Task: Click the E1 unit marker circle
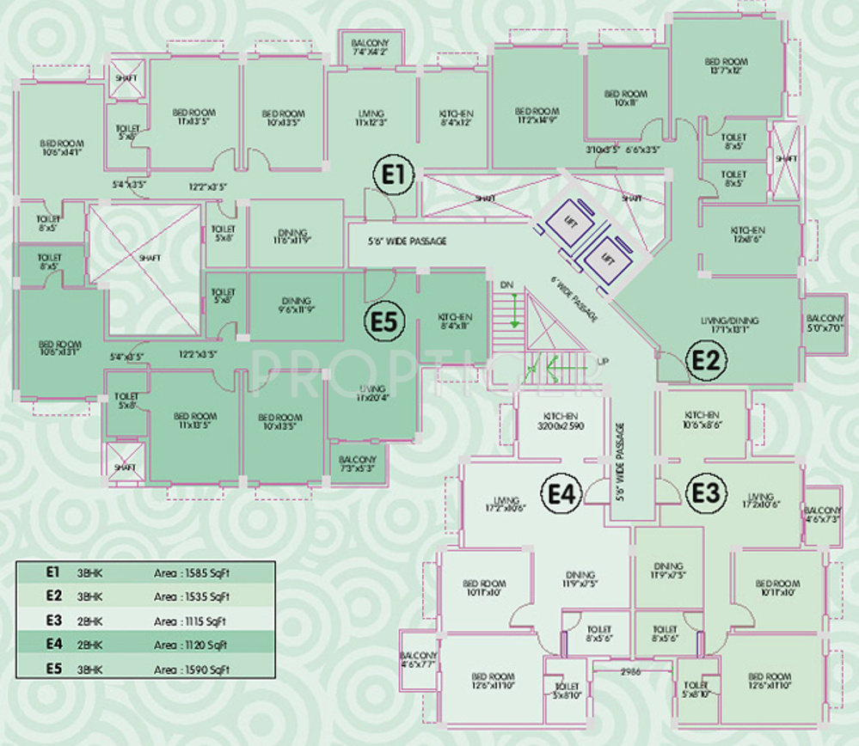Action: tap(394, 175)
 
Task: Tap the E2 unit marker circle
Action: tap(705, 362)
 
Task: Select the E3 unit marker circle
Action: tap(705, 492)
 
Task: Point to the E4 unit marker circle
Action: tap(564, 492)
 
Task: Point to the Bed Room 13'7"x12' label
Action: tap(726, 66)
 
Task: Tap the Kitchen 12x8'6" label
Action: tap(747, 235)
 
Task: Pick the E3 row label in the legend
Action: tap(52, 620)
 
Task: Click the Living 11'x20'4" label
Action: tap(371, 393)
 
